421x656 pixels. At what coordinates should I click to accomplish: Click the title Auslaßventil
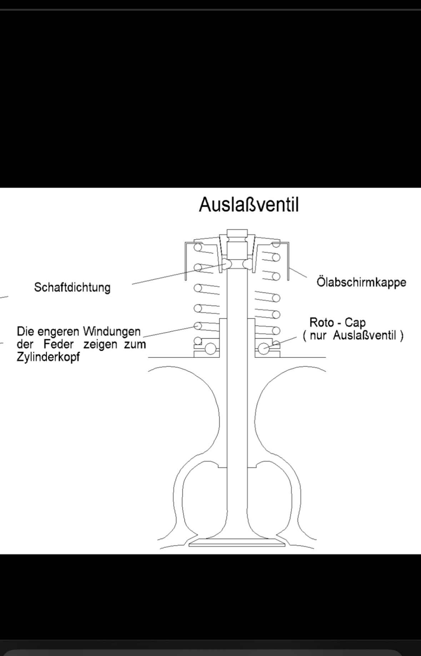point(249,205)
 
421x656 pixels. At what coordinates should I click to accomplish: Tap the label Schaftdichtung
point(72,287)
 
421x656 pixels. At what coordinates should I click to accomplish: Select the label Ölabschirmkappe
point(361,282)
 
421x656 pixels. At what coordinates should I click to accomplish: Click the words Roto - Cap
point(337,322)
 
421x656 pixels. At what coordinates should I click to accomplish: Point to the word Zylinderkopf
point(48,357)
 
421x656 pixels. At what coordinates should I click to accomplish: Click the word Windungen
point(112,332)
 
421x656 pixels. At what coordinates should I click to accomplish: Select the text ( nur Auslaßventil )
point(353,336)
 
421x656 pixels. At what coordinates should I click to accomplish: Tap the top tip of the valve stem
point(237,230)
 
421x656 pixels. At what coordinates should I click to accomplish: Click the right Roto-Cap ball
point(264,348)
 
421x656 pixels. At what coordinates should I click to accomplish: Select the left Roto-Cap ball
point(210,348)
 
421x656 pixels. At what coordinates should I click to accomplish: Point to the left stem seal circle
point(227,264)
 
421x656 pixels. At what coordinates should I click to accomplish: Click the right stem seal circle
point(247,264)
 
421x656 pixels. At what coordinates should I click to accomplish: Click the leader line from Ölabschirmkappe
point(298,272)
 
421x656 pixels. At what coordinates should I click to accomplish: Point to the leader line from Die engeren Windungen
point(171,331)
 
